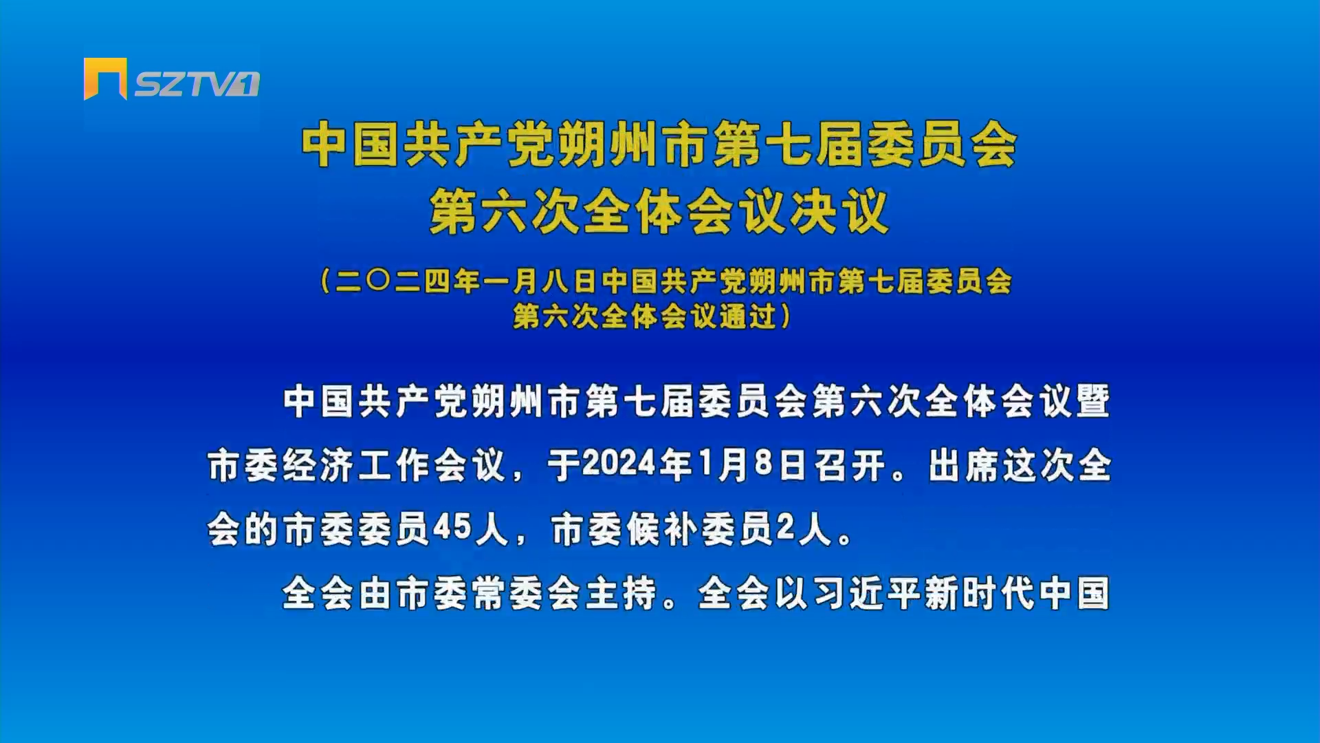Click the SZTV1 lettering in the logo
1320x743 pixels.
(x=197, y=84)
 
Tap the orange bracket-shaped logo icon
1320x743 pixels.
(x=105, y=78)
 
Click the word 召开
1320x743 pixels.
(x=850, y=465)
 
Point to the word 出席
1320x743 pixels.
(x=964, y=465)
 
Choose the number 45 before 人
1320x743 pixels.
(x=452, y=528)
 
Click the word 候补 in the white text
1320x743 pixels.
(x=663, y=529)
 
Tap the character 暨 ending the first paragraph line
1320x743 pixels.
(x=1092, y=401)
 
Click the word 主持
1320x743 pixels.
(x=621, y=593)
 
